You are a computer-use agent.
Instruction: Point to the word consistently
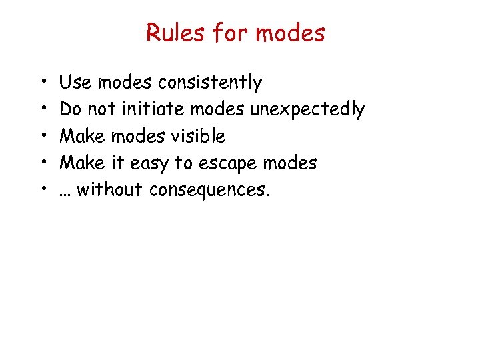tap(210, 83)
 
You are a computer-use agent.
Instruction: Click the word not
tap(100, 109)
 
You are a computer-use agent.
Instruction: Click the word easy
tap(151, 163)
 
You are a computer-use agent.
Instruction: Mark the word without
tap(109, 189)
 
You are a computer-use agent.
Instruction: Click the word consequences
tap(209, 190)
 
